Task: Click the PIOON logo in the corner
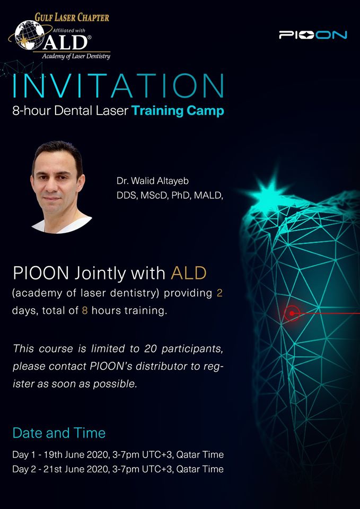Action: (313, 35)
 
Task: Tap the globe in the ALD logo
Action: (30, 35)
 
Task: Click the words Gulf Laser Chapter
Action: (72, 16)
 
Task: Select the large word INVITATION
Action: (118, 86)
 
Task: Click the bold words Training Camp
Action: (178, 111)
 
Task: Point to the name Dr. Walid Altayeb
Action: (153, 181)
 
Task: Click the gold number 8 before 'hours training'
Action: (85, 311)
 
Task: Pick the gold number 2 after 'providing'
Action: (219, 293)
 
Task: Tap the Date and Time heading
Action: (59, 433)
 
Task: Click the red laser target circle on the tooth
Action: (292, 313)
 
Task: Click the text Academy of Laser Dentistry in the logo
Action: (76, 56)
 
